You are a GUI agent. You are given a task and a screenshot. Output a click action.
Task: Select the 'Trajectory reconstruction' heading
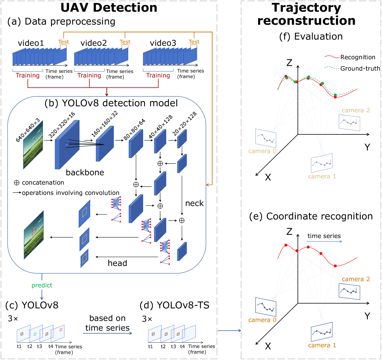pos(307,14)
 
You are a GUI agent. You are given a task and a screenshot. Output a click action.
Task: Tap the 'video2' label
pos(94,43)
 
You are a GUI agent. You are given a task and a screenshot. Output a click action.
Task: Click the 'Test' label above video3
pos(194,42)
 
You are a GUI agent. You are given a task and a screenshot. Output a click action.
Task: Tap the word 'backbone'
pos(85,173)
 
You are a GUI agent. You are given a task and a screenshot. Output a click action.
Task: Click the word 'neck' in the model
pos(194,203)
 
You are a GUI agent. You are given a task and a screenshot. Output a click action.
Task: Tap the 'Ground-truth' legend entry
pos(360,69)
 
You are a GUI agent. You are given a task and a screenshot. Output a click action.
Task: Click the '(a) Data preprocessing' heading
pos(61,22)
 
